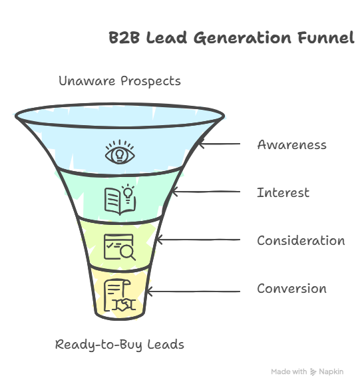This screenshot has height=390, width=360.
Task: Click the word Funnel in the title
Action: pyautogui.click(x=326, y=37)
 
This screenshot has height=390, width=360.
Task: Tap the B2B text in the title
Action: pyautogui.click(x=124, y=38)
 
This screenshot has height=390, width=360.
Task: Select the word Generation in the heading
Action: pyautogui.click(x=242, y=38)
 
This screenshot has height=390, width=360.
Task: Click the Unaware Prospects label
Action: pyautogui.click(x=120, y=81)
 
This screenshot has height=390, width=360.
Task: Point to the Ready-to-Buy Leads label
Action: pyautogui.click(x=120, y=345)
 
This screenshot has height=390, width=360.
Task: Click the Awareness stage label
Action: pyautogui.click(x=291, y=145)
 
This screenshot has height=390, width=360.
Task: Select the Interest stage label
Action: pyautogui.click(x=283, y=192)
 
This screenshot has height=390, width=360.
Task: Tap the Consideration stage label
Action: pyautogui.click(x=301, y=240)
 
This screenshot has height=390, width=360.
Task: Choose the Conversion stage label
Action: pyautogui.click(x=292, y=289)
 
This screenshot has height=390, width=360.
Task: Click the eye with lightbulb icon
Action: pyautogui.click(x=120, y=152)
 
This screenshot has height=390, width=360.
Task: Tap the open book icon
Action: pyautogui.click(x=120, y=200)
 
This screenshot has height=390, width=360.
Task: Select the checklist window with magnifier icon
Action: pyautogui.click(x=120, y=247)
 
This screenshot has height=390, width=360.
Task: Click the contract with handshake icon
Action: pyautogui.click(x=120, y=295)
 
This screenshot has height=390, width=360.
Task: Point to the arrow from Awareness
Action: pyautogui.click(x=220, y=144)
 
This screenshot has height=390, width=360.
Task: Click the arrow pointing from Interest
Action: pyautogui.click(x=206, y=192)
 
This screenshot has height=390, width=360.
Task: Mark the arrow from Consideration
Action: pyautogui.click(x=199, y=240)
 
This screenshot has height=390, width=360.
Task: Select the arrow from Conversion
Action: pyautogui.click(x=194, y=292)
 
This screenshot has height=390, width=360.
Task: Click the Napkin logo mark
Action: pyautogui.click(x=313, y=372)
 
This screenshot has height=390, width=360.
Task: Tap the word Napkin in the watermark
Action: pyautogui.click(x=331, y=371)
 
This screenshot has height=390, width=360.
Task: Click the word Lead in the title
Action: pyautogui.click(x=166, y=38)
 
